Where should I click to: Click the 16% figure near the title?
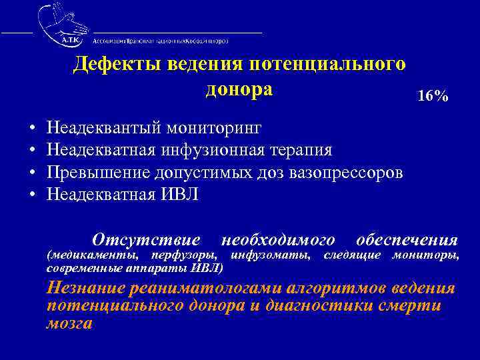[x=432, y=96]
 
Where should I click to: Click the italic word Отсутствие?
[x=146, y=239]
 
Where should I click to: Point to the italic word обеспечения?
[x=407, y=239]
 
